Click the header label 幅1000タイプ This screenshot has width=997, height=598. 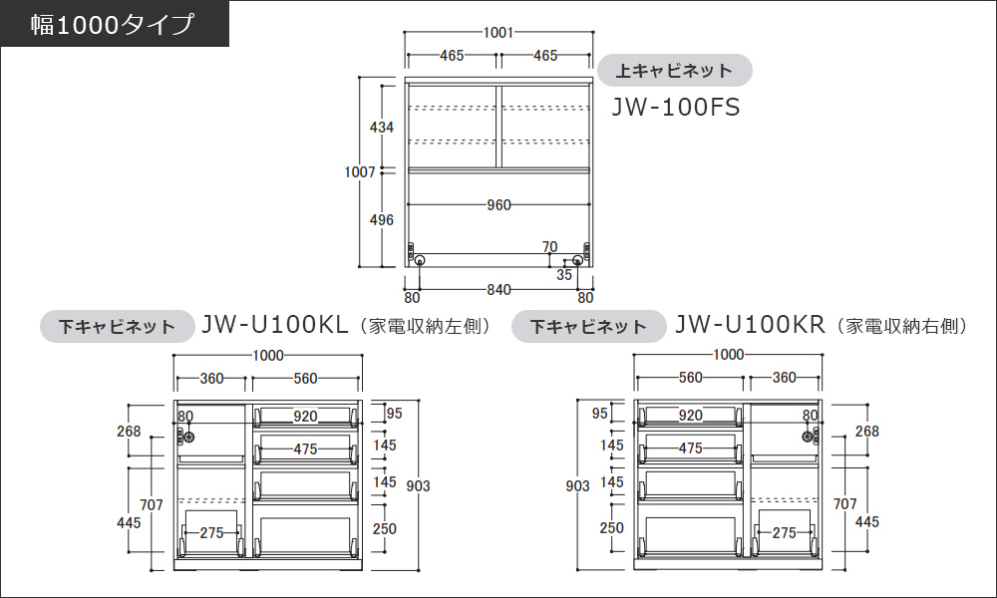tap(112, 25)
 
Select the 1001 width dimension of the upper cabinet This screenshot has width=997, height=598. tap(498, 33)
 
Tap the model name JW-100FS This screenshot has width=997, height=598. tap(676, 107)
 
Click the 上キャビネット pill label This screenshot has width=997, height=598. tap(674, 71)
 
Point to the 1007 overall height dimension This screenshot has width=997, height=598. tap(360, 171)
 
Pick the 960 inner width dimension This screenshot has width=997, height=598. tap(498, 204)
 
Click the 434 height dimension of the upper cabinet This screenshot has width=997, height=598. tap(382, 128)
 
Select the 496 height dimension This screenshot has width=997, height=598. tap(382, 220)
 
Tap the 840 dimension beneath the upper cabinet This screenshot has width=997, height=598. tap(498, 290)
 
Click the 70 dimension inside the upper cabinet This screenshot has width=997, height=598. tap(550, 246)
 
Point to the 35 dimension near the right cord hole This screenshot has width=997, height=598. tap(564, 274)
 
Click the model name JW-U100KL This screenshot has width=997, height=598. tap(275, 325)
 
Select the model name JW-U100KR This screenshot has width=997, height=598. tap(750, 325)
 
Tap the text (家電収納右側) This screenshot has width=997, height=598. tap(901, 326)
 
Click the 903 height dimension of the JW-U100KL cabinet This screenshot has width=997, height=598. tap(419, 485)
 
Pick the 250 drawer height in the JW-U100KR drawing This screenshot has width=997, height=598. tap(612, 527)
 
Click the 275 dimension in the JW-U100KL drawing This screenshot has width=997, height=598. tap(211, 532)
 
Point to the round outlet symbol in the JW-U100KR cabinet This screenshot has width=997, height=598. tap(809, 437)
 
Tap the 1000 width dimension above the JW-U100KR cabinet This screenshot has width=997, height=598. tap(729, 355)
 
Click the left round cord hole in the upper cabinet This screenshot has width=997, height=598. tap(420, 260)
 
